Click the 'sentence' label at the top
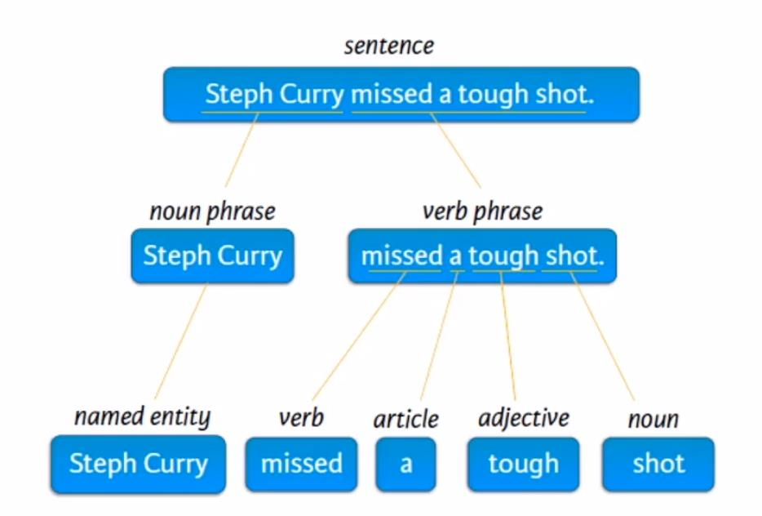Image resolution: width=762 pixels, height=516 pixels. tap(388, 46)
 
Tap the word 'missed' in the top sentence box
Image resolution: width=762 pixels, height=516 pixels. tap(391, 95)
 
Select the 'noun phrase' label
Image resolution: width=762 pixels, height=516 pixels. tap(212, 212)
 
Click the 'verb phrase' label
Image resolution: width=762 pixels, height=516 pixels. tap(482, 212)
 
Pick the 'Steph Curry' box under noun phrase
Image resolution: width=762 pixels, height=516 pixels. tap(212, 256)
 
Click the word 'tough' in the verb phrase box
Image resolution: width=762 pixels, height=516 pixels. tap(503, 256)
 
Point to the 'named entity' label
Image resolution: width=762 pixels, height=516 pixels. tap(142, 417)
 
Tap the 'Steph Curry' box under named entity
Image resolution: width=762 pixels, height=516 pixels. tap(138, 465)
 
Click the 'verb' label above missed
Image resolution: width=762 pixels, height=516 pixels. tap(301, 418)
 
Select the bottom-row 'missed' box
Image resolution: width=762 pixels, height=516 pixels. tap(301, 465)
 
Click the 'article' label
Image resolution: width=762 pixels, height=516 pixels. tap(405, 420)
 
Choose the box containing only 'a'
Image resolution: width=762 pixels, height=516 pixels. tap(405, 465)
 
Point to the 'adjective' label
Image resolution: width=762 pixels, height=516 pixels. tap(523, 418)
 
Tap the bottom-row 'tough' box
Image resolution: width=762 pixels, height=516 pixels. tap(523, 465)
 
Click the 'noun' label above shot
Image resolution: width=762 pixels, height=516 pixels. tap(653, 420)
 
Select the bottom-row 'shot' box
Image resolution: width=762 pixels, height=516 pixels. tap(658, 465)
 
